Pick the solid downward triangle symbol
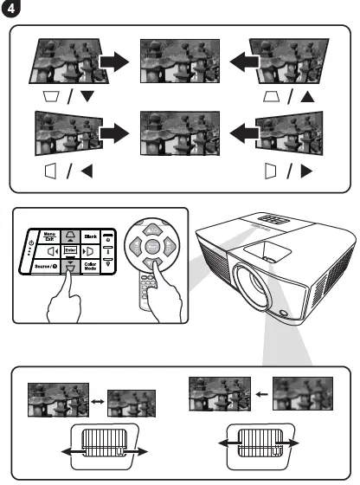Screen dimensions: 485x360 pos(87,97)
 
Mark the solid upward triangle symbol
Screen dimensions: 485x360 pos(306,97)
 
